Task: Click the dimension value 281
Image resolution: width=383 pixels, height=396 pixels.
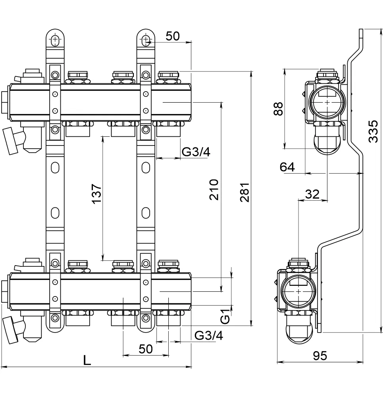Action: (x=245, y=192)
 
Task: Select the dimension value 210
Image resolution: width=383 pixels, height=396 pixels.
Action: (x=214, y=189)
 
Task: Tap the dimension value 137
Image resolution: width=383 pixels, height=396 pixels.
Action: (x=96, y=194)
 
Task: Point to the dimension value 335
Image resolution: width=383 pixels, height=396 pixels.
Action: (x=373, y=131)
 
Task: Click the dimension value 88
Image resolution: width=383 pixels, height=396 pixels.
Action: (x=278, y=109)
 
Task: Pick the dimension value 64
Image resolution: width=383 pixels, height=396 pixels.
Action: (x=287, y=167)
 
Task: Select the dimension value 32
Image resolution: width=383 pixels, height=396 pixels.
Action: (x=312, y=194)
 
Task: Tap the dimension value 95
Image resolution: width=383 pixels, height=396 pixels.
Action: (x=320, y=356)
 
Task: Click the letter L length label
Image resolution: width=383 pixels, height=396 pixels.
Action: (x=87, y=360)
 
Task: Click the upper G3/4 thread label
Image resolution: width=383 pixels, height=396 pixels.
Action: (x=196, y=152)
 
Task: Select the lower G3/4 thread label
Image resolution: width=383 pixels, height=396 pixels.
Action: (x=209, y=336)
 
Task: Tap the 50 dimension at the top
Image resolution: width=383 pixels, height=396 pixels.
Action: (x=173, y=36)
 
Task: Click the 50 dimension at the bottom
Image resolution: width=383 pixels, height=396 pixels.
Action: (x=146, y=349)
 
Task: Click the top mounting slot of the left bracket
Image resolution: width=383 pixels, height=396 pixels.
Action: (x=55, y=40)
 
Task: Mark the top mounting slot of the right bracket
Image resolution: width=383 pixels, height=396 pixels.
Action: (x=146, y=40)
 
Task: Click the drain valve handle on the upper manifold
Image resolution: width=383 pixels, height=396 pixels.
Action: (x=10, y=141)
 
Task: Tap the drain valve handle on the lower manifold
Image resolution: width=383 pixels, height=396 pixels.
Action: (x=10, y=330)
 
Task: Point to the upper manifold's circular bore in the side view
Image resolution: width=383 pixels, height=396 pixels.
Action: (x=327, y=102)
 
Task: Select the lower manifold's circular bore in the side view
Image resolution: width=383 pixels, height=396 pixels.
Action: (x=298, y=292)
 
